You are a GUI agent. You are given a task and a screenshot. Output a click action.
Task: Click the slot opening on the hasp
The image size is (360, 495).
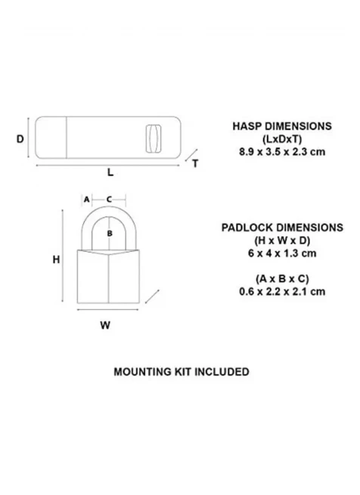[154, 138]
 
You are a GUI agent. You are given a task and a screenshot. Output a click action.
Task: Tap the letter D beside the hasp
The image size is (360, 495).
[20, 139]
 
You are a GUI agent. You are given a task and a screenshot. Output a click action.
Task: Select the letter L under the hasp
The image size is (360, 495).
[110, 172]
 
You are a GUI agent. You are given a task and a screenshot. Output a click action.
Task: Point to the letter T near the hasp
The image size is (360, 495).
[195, 163]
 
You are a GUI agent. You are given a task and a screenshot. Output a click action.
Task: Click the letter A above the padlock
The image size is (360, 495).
[87, 200]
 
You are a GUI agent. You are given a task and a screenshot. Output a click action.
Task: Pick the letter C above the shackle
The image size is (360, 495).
[109, 200]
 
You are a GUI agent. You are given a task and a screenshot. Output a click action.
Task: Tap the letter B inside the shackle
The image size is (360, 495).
[110, 234]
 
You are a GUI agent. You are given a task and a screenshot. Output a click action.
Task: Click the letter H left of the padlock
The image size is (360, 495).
[56, 259]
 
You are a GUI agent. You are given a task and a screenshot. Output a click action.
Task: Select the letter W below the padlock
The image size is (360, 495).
[105, 325]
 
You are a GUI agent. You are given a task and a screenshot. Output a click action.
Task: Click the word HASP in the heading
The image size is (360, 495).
[247, 126]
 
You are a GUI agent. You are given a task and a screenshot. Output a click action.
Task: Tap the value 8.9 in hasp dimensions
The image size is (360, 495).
[247, 152]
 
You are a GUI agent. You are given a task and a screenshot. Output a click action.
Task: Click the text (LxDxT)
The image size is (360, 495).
[282, 139]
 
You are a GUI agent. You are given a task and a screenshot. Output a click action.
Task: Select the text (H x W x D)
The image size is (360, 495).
[282, 240]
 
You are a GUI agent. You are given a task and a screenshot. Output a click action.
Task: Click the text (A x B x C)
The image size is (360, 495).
[282, 279]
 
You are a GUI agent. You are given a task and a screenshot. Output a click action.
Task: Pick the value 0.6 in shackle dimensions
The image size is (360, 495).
[247, 292]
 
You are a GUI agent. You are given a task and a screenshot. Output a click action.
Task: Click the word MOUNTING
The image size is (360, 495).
[142, 372]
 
